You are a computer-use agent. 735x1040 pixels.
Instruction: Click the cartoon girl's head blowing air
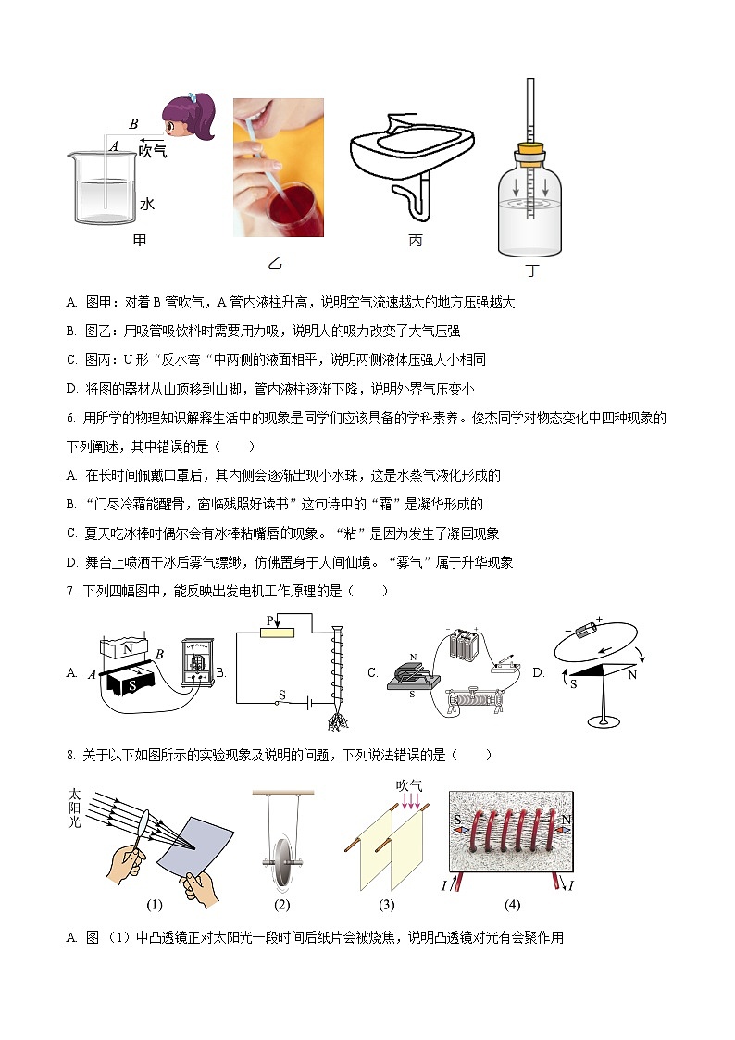point(188,118)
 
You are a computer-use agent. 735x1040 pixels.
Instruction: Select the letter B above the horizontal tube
point(133,123)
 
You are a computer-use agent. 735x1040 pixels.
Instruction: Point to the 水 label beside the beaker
point(146,204)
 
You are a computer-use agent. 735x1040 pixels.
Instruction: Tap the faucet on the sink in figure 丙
point(401,123)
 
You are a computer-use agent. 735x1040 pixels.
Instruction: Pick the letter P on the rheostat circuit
point(270,620)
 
